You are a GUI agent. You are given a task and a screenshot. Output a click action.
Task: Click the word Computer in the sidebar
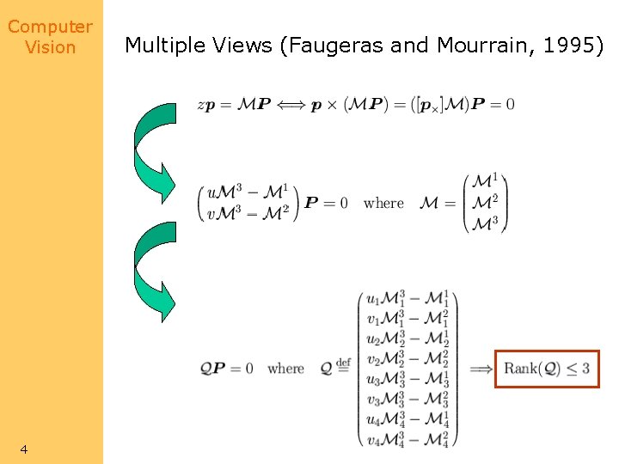click(50, 27)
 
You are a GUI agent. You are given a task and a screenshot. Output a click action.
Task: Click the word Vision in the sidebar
click(50, 47)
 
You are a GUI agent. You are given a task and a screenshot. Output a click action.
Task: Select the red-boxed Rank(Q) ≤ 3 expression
click(547, 369)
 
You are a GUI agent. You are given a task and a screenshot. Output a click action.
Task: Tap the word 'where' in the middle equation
click(383, 204)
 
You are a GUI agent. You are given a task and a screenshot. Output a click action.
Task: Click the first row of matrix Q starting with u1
click(408, 300)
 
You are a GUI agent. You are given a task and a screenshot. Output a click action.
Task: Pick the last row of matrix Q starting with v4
click(408, 441)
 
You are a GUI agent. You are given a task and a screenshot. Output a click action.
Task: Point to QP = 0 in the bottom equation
click(227, 369)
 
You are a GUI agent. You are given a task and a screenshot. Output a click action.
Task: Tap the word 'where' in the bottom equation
click(285, 369)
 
